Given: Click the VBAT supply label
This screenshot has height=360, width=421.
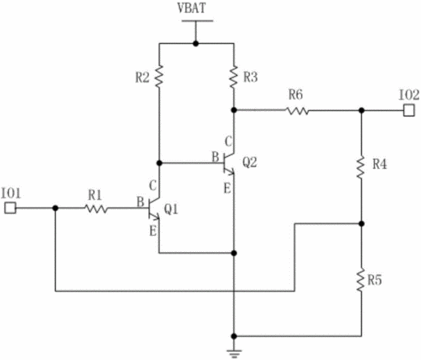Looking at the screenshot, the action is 192,8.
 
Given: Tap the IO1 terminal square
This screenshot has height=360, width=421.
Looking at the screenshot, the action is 10,208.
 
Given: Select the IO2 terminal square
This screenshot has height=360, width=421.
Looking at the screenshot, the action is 409,110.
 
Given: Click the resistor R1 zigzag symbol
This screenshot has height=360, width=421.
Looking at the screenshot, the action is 96,208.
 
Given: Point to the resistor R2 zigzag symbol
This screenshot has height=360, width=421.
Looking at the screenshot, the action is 159,76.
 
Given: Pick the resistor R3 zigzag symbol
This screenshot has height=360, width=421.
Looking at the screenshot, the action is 234,77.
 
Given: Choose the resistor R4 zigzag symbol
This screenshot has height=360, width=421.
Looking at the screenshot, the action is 362,167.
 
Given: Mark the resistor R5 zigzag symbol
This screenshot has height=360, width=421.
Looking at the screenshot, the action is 362,280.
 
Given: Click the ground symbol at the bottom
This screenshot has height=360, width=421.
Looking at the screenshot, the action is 234,354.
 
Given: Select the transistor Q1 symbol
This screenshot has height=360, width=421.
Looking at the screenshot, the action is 154,209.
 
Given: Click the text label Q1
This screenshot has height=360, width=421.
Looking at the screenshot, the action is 170,209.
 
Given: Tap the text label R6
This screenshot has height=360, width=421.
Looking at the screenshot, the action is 295,94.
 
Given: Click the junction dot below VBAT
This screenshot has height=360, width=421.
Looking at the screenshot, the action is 196,43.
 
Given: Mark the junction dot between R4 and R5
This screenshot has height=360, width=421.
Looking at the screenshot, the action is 362,224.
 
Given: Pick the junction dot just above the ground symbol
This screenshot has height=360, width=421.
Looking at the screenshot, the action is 234,336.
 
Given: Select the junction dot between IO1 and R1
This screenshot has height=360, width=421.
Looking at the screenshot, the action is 55,208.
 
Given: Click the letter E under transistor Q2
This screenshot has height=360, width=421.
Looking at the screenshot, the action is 227,189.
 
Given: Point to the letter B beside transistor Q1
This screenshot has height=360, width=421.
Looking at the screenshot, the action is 140,202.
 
